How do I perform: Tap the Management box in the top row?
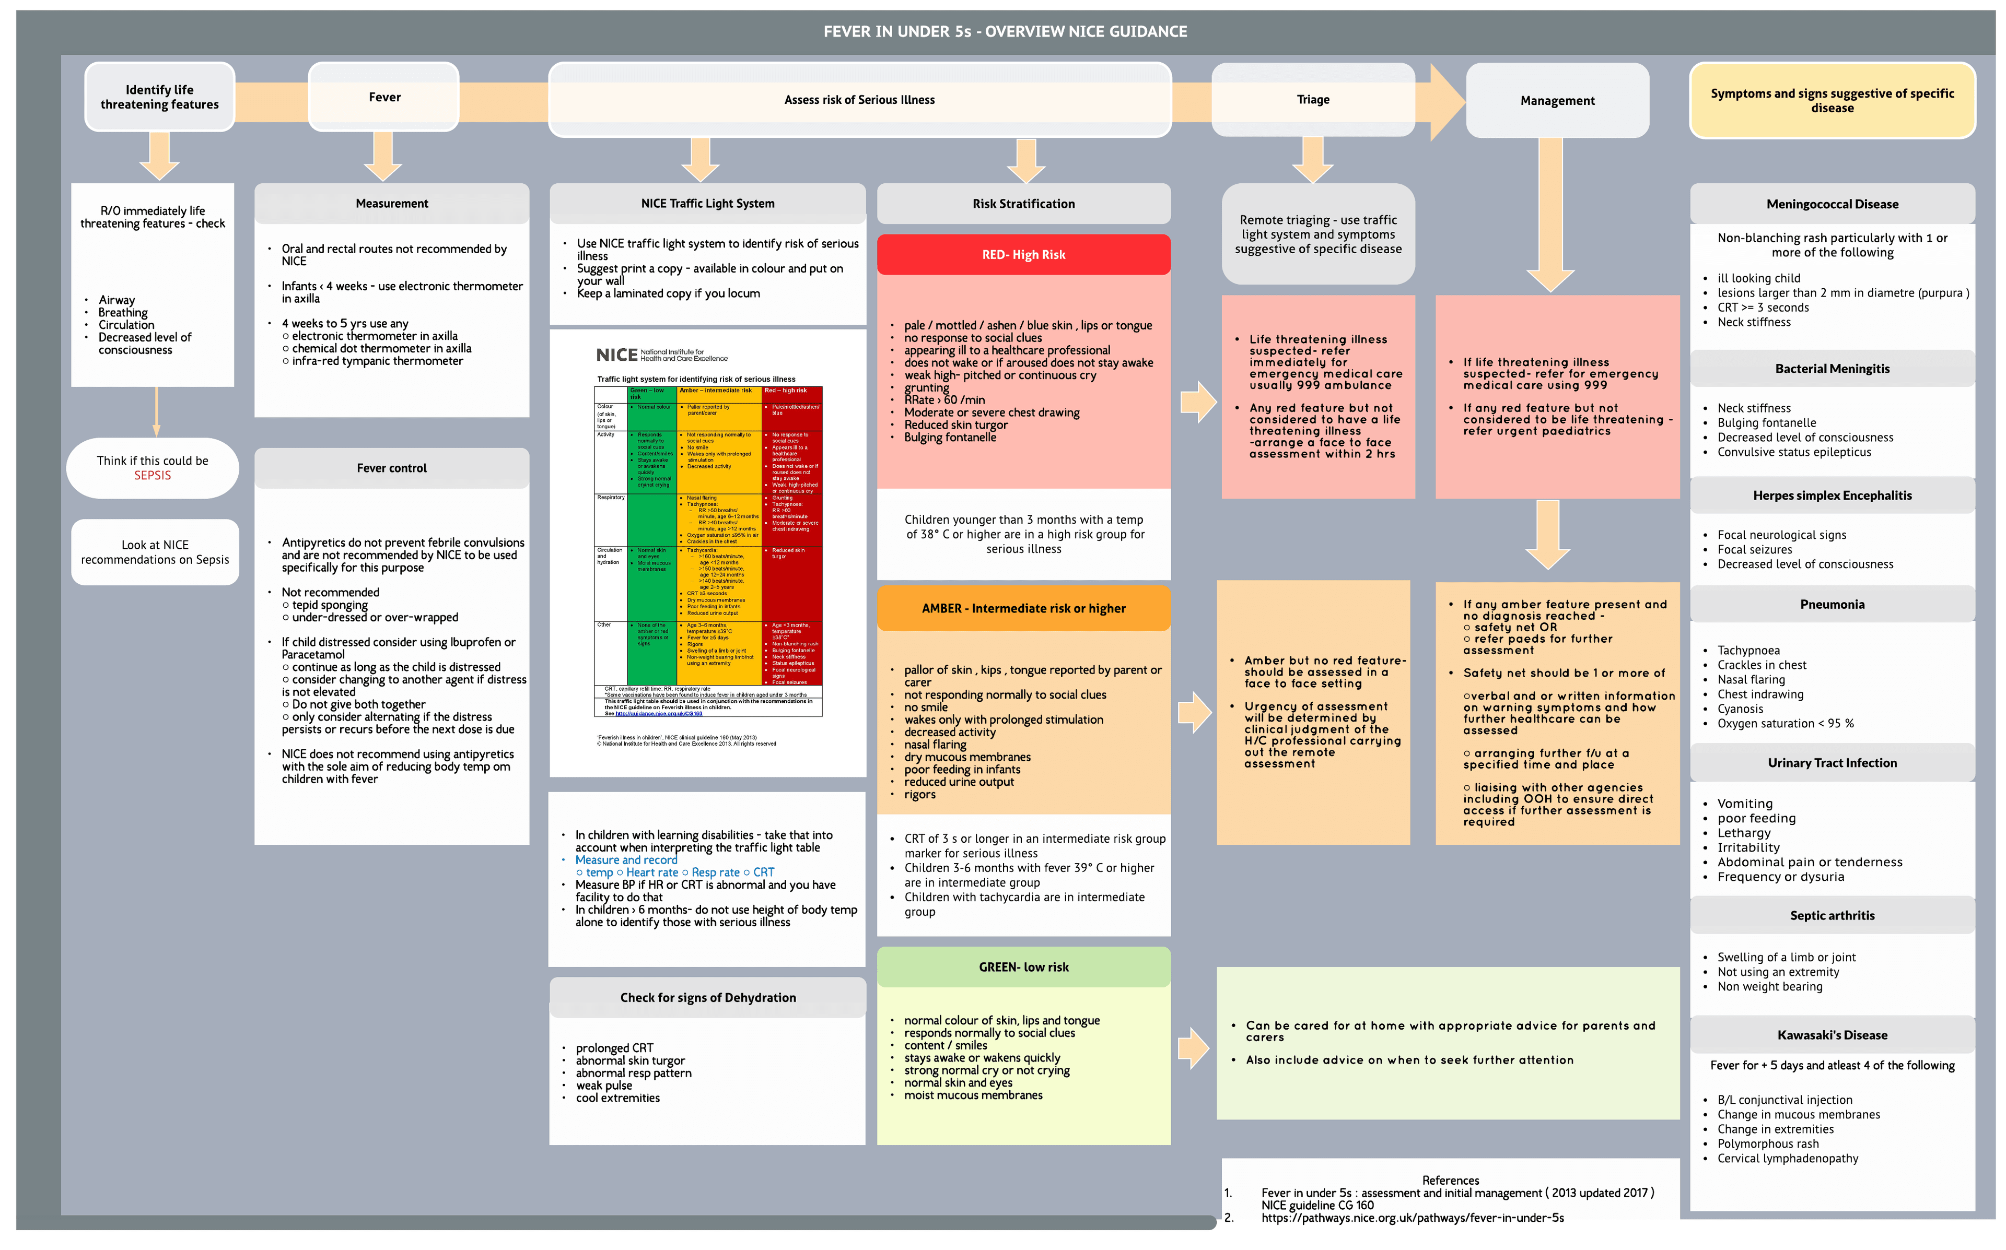pos(1557,101)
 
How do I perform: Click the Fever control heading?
pos(391,468)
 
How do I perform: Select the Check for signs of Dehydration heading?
pos(708,998)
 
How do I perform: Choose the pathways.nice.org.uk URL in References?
pos(1413,1218)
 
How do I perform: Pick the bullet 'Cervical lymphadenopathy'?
pos(1787,1158)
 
